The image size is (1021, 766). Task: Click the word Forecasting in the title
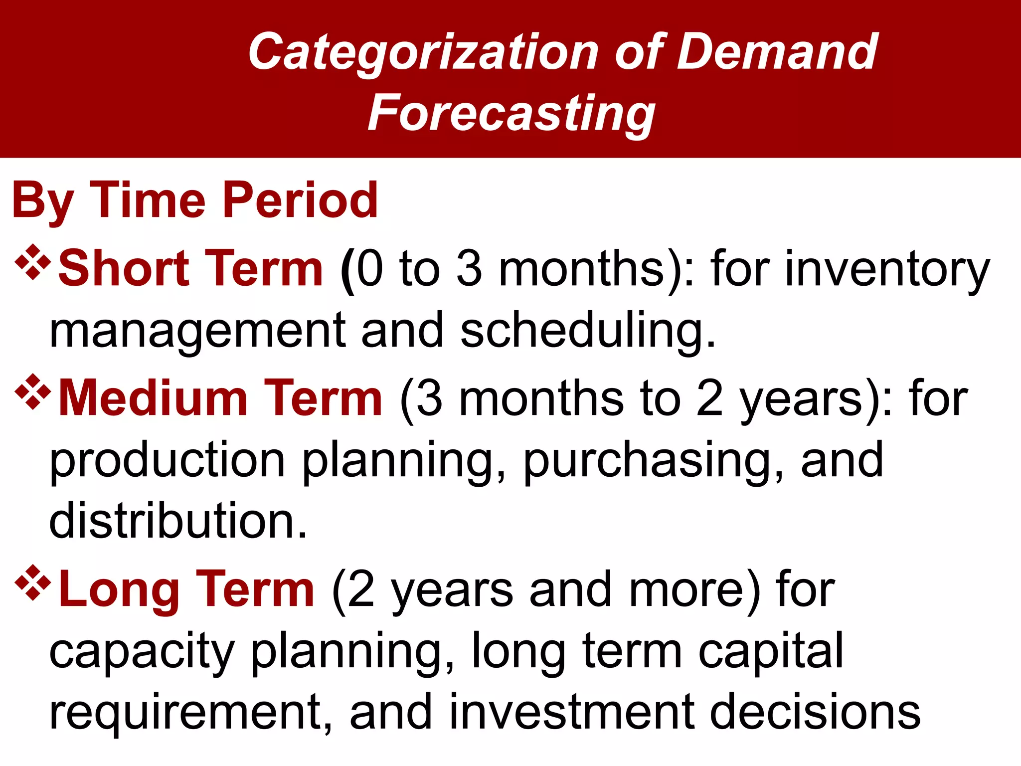[511, 114]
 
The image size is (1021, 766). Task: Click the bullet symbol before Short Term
[33, 262]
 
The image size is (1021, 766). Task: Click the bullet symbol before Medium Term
[33, 392]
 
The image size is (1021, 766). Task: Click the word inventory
[887, 270]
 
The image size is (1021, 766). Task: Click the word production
[168, 461]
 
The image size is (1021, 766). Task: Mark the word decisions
[815, 712]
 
